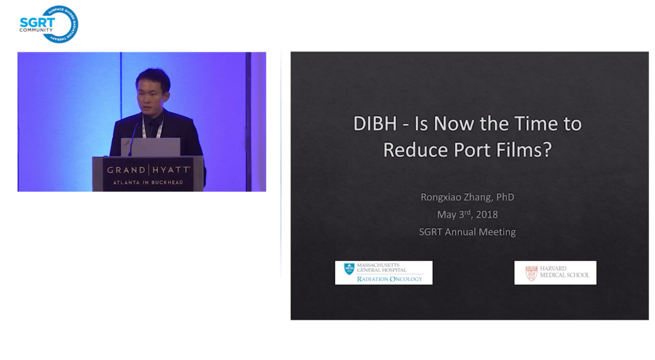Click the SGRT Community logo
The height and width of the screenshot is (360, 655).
click(x=49, y=24)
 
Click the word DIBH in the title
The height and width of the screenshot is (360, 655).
click(x=375, y=123)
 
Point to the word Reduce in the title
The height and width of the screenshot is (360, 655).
click(x=416, y=150)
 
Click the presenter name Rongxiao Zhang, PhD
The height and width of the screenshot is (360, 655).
click(x=467, y=197)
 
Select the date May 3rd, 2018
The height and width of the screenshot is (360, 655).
click(x=467, y=214)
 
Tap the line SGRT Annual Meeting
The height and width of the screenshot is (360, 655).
click(x=467, y=232)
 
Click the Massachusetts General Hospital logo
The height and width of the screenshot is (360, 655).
click(x=384, y=273)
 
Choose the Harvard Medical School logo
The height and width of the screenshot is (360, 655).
click(x=555, y=273)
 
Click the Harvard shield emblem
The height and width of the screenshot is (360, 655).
click(x=531, y=273)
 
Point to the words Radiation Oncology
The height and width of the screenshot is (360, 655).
click(x=390, y=279)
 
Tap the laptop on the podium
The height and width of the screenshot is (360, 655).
click(x=151, y=147)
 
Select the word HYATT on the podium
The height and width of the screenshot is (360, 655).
click(x=171, y=170)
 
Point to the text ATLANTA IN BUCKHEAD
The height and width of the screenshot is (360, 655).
click(x=148, y=182)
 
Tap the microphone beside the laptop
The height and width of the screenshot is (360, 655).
click(x=134, y=138)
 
